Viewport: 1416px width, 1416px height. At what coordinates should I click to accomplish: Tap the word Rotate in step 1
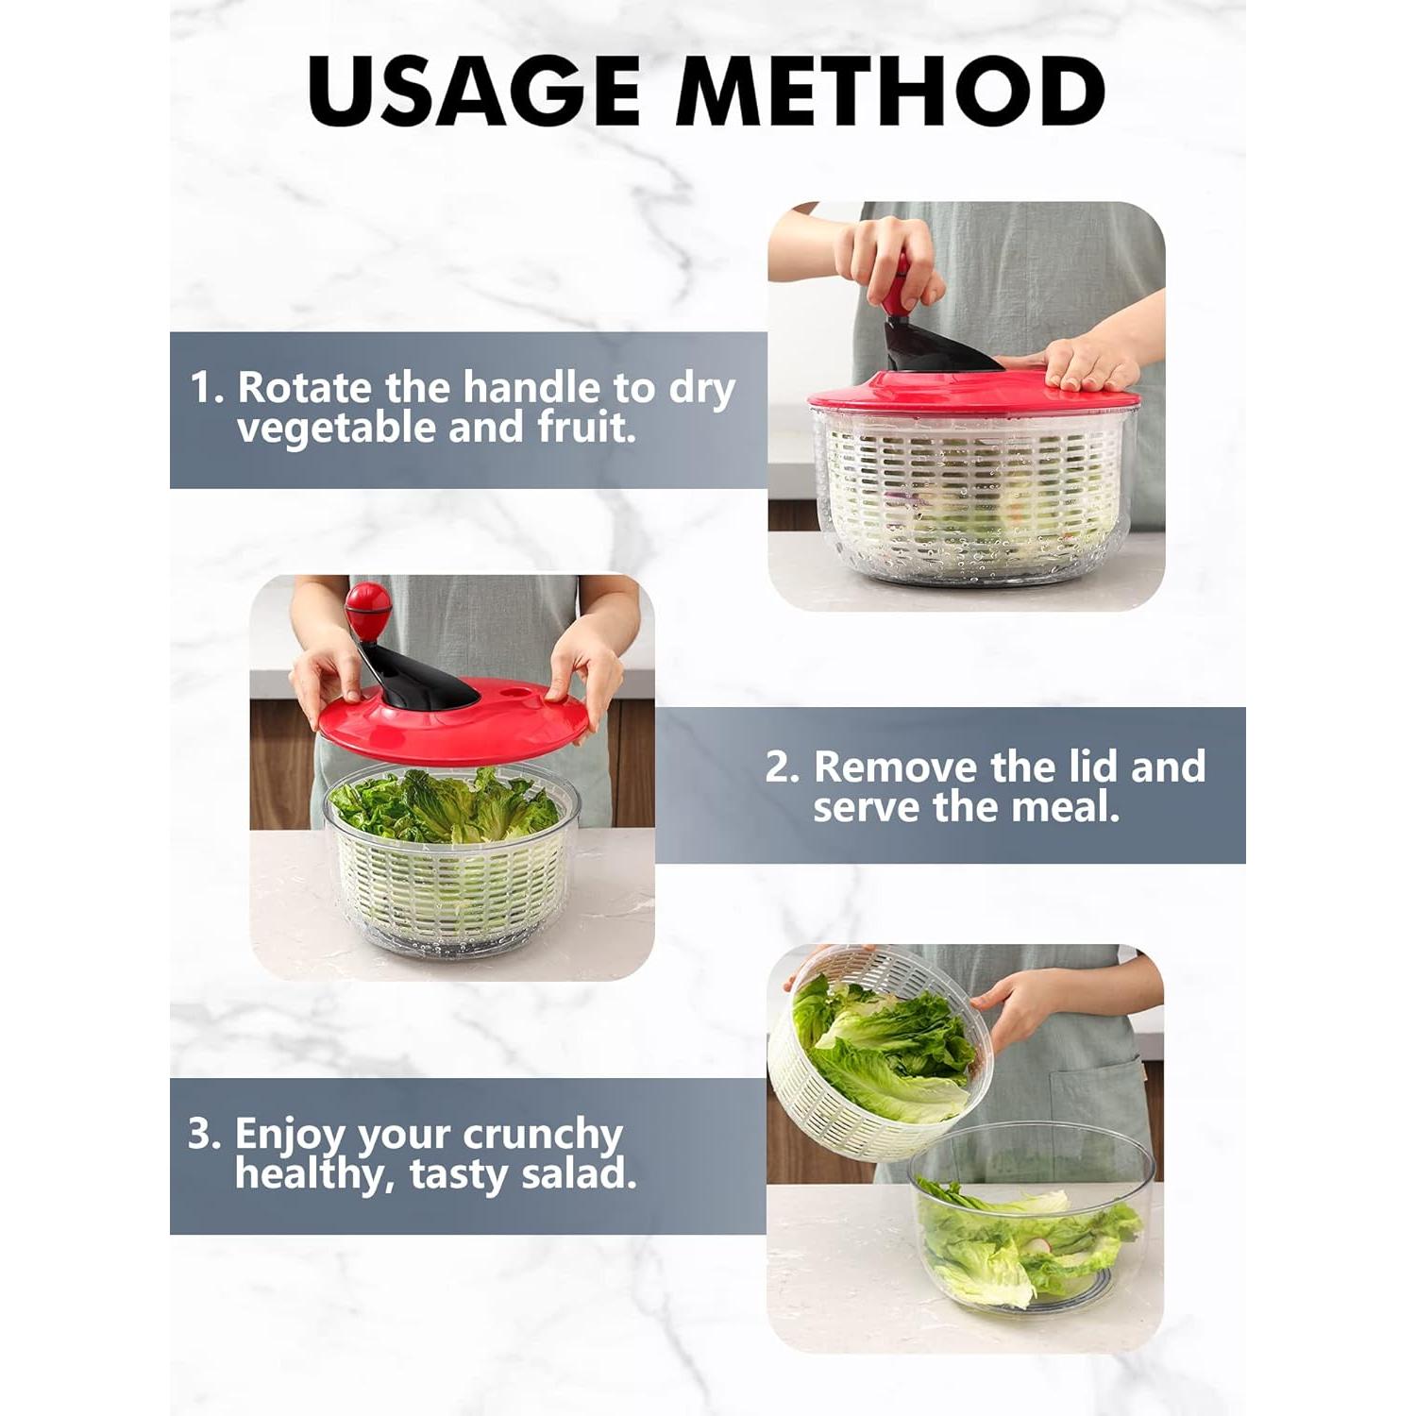coord(304,388)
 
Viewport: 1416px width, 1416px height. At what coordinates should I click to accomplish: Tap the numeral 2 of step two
coord(780,767)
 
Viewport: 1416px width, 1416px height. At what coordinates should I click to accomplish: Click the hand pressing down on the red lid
coord(1090,363)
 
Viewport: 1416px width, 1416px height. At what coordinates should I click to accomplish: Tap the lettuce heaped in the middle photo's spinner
coord(444,807)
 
